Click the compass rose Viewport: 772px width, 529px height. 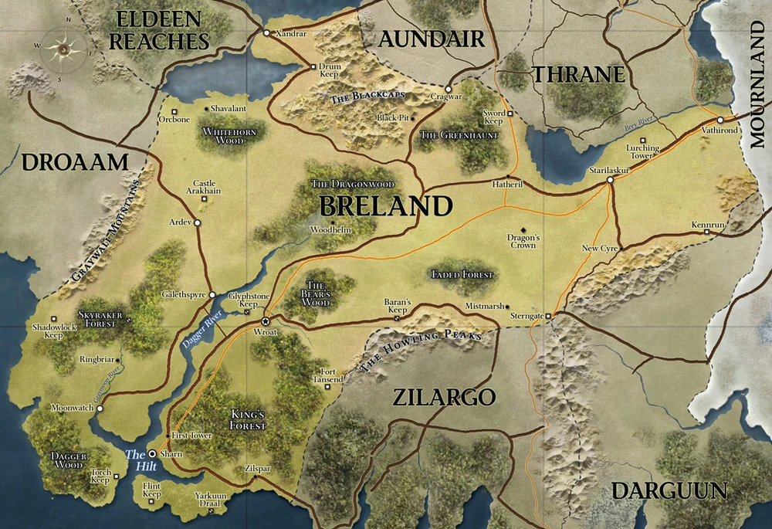click(x=60, y=47)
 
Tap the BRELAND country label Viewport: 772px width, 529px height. click(x=385, y=206)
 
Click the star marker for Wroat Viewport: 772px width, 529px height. click(x=266, y=321)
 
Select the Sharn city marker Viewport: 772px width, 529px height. click(x=152, y=453)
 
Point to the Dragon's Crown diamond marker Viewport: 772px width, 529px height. click(x=523, y=229)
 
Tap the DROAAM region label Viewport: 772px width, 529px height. click(x=73, y=162)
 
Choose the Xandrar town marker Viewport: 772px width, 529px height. click(x=266, y=33)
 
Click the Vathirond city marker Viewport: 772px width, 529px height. click(x=720, y=120)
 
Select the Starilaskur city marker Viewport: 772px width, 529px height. click(x=610, y=180)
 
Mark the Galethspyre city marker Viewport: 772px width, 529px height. click(x=212, y=295)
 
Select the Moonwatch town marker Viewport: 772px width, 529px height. click(x=100, y=409)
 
